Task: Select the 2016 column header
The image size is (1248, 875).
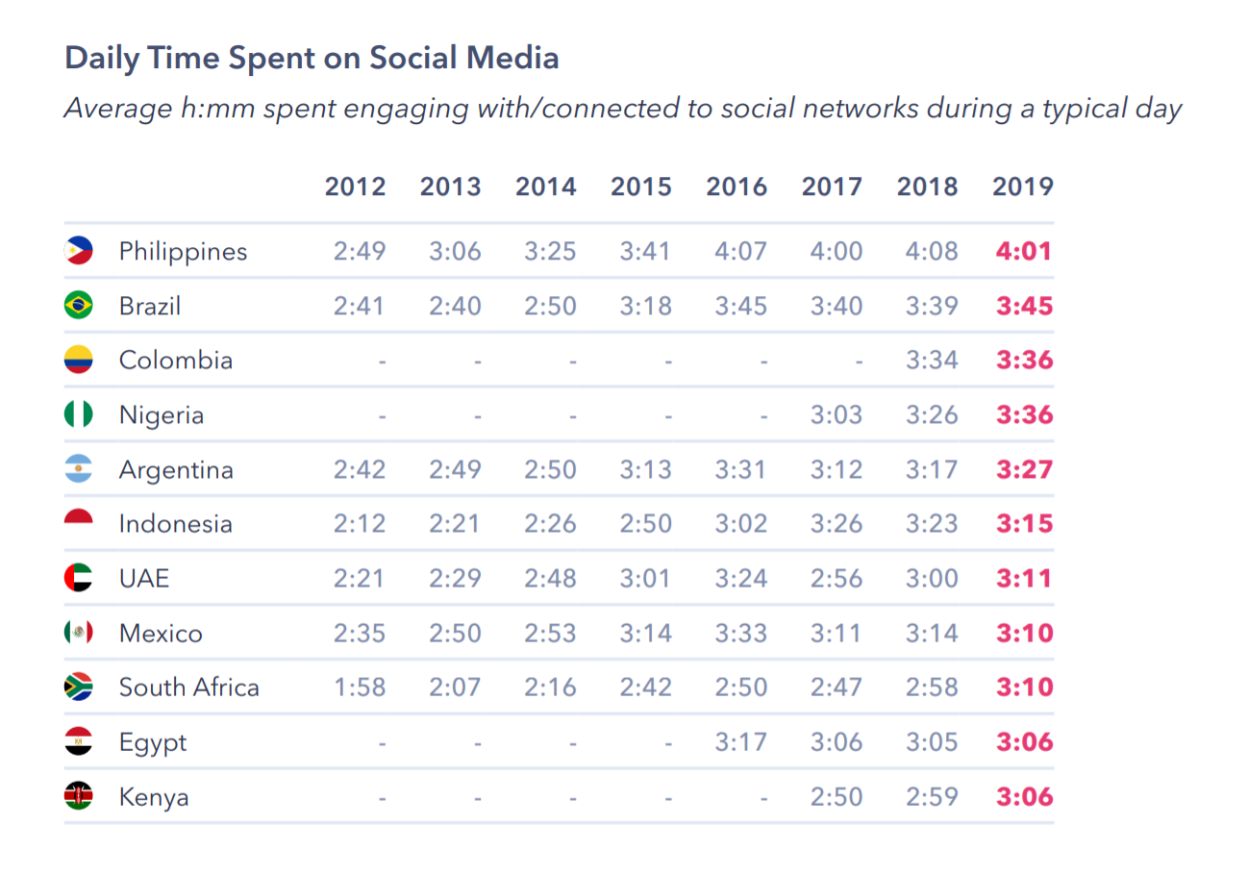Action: (736, 187)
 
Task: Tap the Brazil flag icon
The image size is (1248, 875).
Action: (78, 306)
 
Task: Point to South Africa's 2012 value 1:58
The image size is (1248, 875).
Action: (360, 687)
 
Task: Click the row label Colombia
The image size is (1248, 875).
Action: (176, 361)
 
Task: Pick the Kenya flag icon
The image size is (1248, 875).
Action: (78, 796)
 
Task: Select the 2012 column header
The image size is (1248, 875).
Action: (356, 187)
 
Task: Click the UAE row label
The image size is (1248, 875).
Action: (144, 579)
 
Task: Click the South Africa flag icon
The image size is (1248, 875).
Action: (78, 687)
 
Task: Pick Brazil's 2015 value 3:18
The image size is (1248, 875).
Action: (641, 306)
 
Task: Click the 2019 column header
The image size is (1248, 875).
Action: (1023, 187)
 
